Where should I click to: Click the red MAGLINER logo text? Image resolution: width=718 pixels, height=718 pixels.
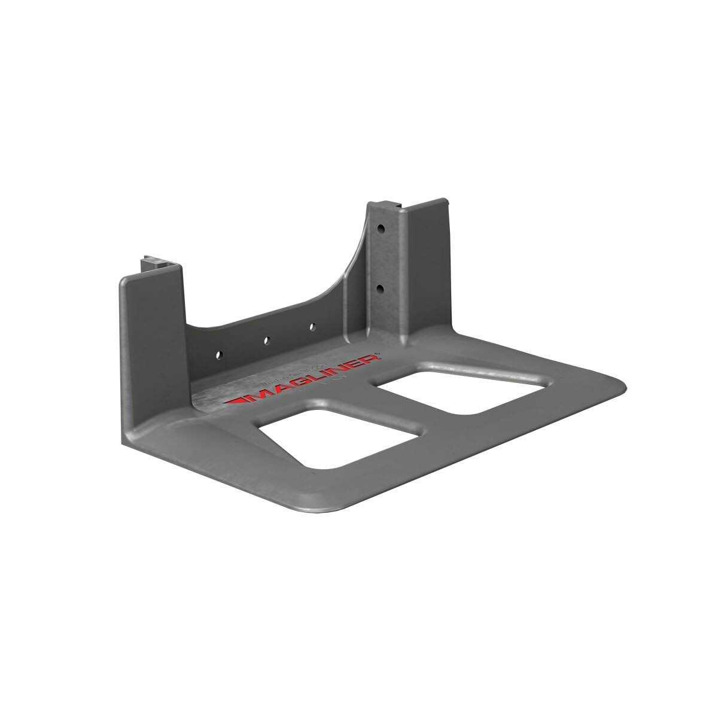[x=302, y=381]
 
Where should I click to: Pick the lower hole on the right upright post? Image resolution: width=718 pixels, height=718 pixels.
[x=381, y=288]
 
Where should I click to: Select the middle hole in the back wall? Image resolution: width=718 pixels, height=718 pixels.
[x=266, y=340]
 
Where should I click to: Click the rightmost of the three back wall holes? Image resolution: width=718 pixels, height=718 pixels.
[x=312, y=327]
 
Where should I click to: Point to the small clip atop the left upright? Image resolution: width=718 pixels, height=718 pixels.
[x=152, y=263]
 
